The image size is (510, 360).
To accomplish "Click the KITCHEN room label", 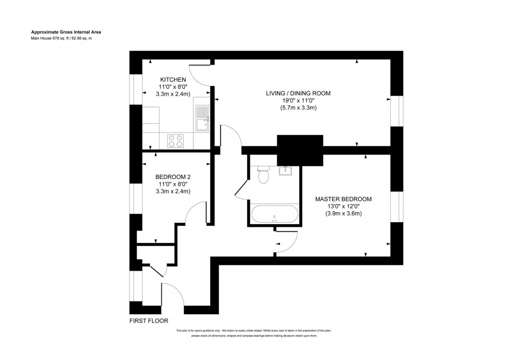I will (x=173, y=80).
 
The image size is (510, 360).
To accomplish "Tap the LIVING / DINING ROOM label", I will (x=298, y=93).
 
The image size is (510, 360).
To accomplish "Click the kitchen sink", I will (x=201, y=119).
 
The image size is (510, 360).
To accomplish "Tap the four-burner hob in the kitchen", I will (x=175, y=140).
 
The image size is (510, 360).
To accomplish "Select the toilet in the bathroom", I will (x=263, y=175).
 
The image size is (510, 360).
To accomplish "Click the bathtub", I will (x=274, y=214).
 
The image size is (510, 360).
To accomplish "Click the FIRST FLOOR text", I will (x=149, y=321).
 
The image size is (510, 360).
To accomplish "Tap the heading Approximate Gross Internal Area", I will (x=65, y=32).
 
